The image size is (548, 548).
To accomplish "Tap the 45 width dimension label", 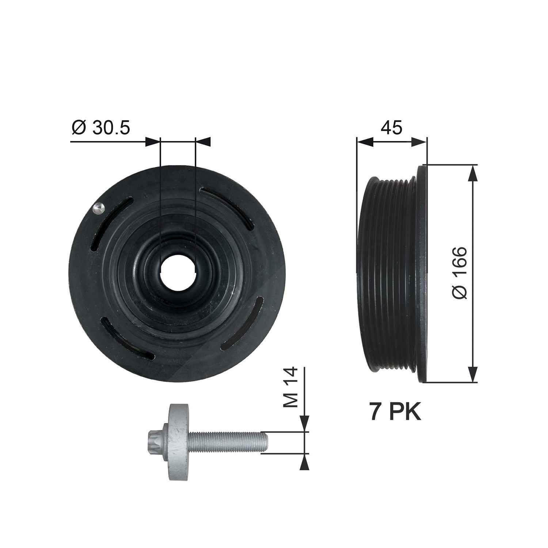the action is tap(391, 128).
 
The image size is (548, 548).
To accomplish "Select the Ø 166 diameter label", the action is tap(459, 273).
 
